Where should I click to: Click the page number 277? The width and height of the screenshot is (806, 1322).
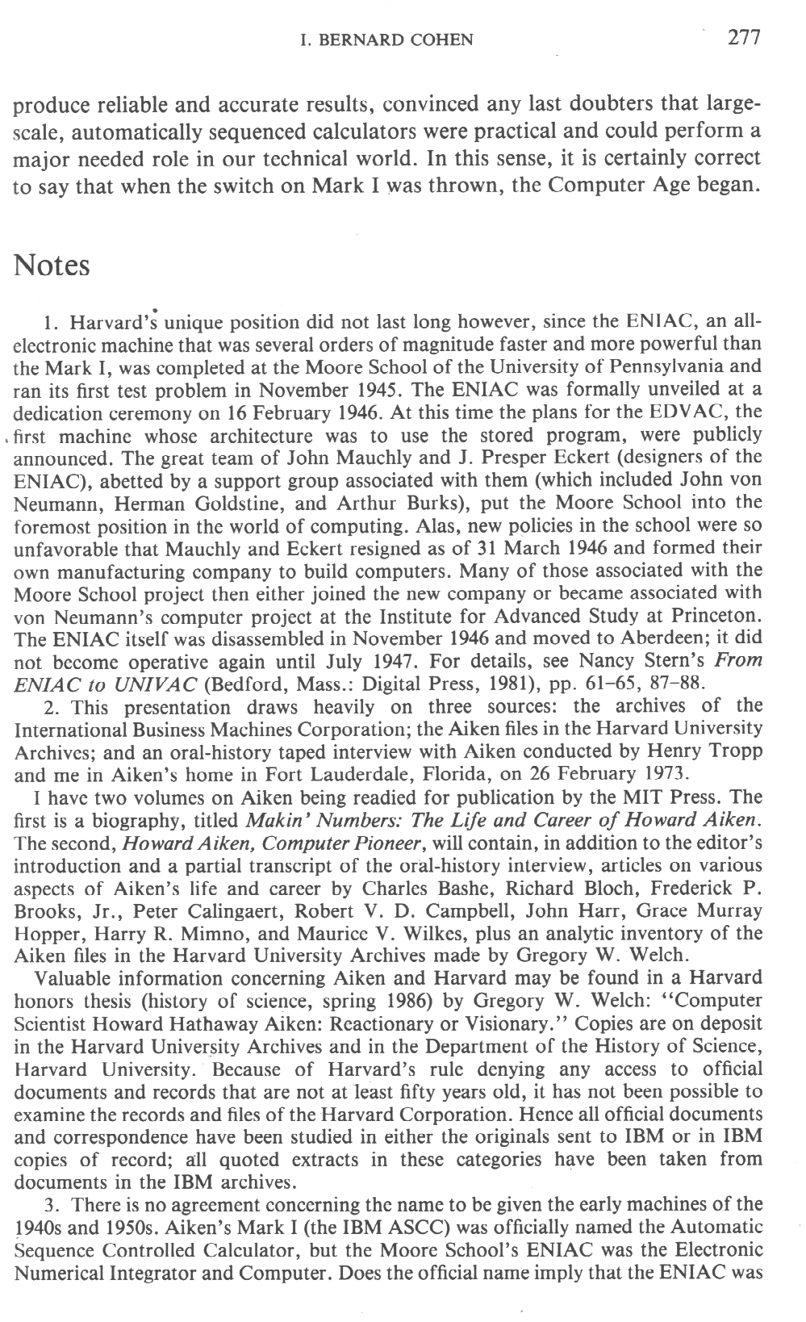coord(744,37)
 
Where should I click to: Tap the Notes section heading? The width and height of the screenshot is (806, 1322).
coord(52,266)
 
